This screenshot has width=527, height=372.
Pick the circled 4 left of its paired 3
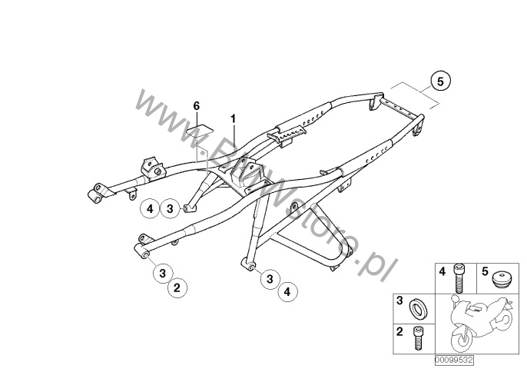[151, 208]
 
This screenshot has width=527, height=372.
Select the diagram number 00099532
[453, 359]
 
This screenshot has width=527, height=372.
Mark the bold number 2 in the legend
[399, 332]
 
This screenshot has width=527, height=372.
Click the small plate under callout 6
[201, 128]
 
